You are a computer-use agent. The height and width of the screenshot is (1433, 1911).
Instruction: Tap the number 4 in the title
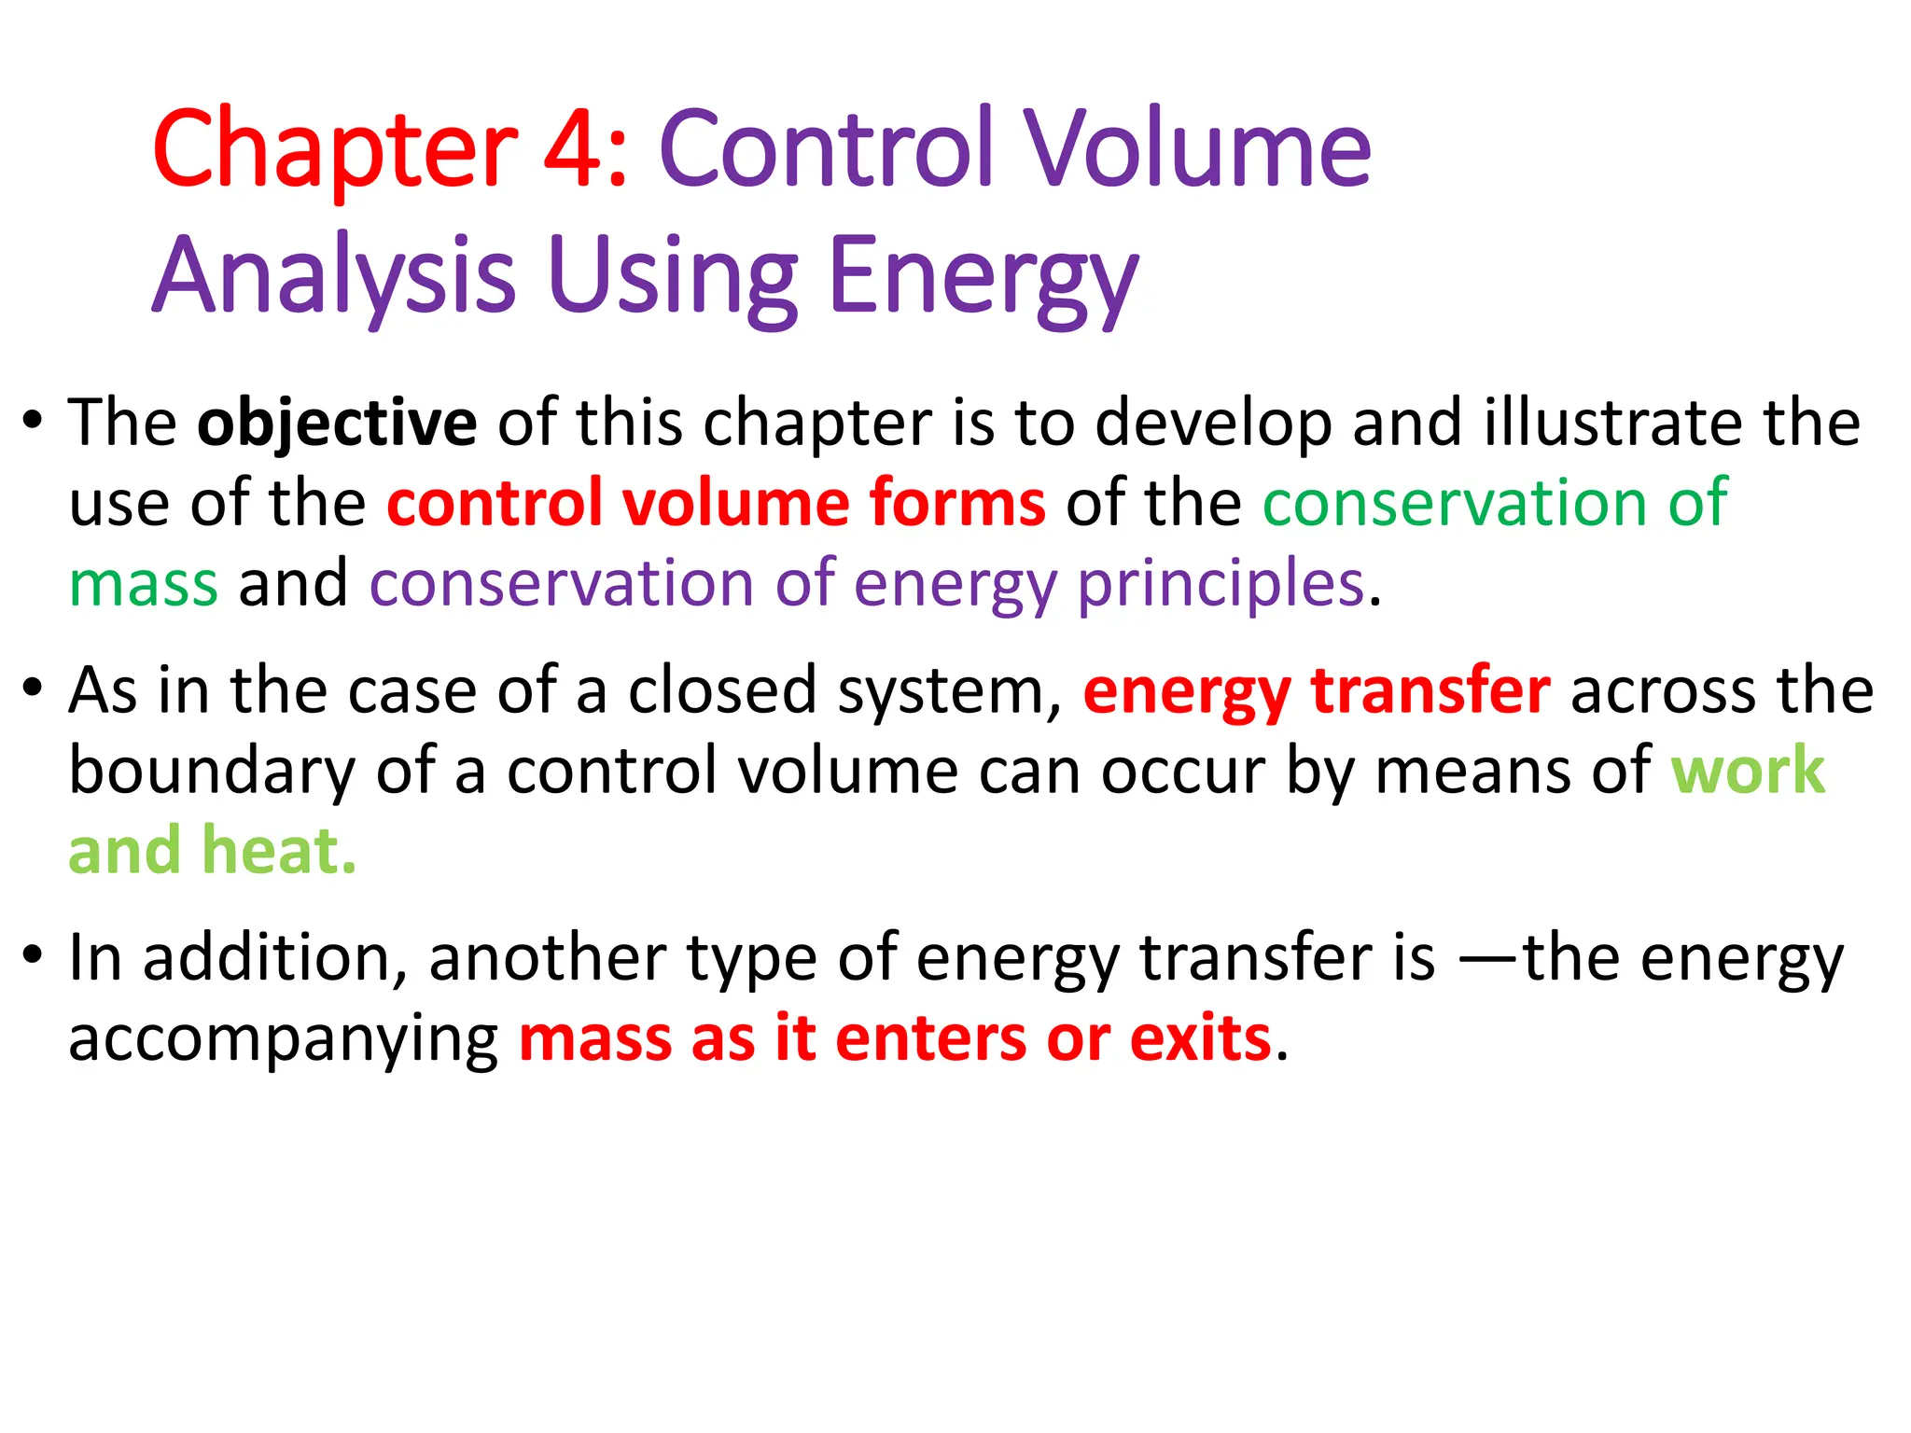(573, 149)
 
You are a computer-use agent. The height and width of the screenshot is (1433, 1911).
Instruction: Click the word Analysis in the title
(334, 276)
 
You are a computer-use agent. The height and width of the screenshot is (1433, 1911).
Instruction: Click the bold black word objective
(337, 424)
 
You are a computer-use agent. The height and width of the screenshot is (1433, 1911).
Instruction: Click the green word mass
(144, 586)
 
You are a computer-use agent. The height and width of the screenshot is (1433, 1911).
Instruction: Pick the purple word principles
(1221, 586)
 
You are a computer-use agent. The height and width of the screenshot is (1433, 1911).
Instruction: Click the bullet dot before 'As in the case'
(34, 689)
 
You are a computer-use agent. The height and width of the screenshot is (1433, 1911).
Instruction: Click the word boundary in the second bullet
(212, 772)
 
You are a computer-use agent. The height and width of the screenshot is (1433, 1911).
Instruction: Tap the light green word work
(1747, 772)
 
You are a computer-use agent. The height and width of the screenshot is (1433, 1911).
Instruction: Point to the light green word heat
(279, 852)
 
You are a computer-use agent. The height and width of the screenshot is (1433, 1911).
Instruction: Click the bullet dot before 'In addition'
(34, 955)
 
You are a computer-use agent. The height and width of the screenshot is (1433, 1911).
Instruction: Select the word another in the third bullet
(546, 959)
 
